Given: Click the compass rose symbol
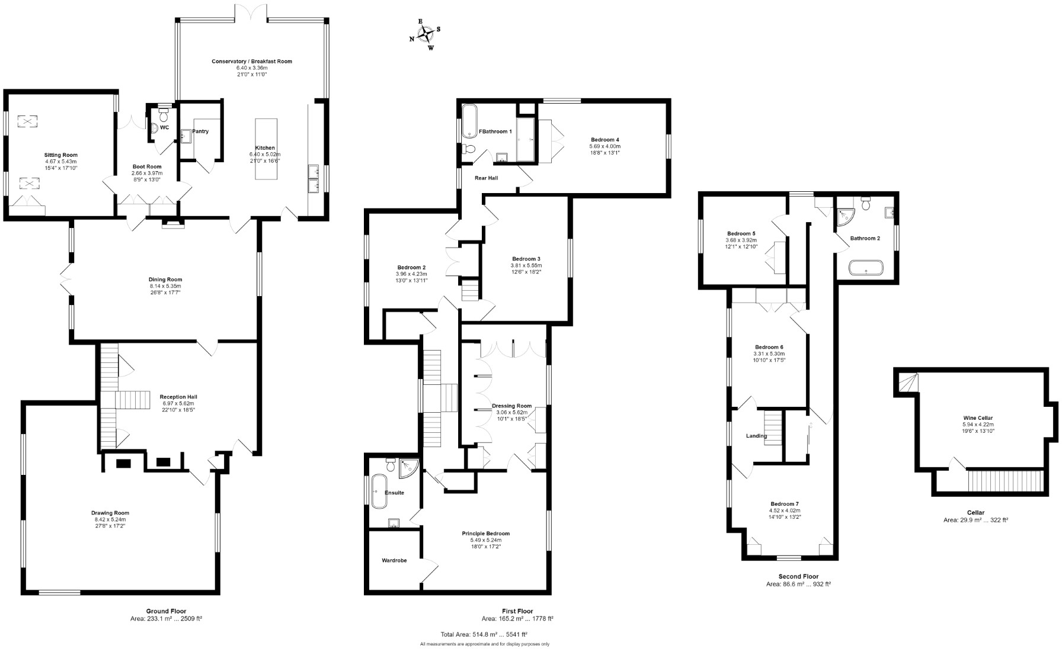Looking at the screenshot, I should tap(426, 34).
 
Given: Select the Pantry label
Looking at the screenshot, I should tap(200, 131).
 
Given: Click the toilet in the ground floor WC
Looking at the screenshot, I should tap(164, 111).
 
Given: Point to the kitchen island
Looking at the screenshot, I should tap(265, 149).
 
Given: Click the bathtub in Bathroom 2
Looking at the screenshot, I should tap(866, 268).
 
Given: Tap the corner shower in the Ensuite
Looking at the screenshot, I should tap(409, 467).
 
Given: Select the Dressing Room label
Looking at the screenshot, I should tap(511, 406).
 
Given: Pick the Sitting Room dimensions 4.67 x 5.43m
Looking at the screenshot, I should tap(61, 162).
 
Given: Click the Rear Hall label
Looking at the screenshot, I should tap(487, 178).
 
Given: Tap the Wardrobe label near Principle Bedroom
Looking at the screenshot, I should tap(394, 560).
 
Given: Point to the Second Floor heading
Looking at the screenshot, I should tap(798, 576).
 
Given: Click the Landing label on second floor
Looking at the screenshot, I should tap(756, 436).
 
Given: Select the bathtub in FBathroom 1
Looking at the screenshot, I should tap(469, 121).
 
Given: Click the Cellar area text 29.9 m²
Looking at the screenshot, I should tap(975, 520).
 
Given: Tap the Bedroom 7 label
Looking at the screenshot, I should tap(784, 503).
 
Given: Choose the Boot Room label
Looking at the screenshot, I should tap(146, 166).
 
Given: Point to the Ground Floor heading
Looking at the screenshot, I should tap(167, 611).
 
